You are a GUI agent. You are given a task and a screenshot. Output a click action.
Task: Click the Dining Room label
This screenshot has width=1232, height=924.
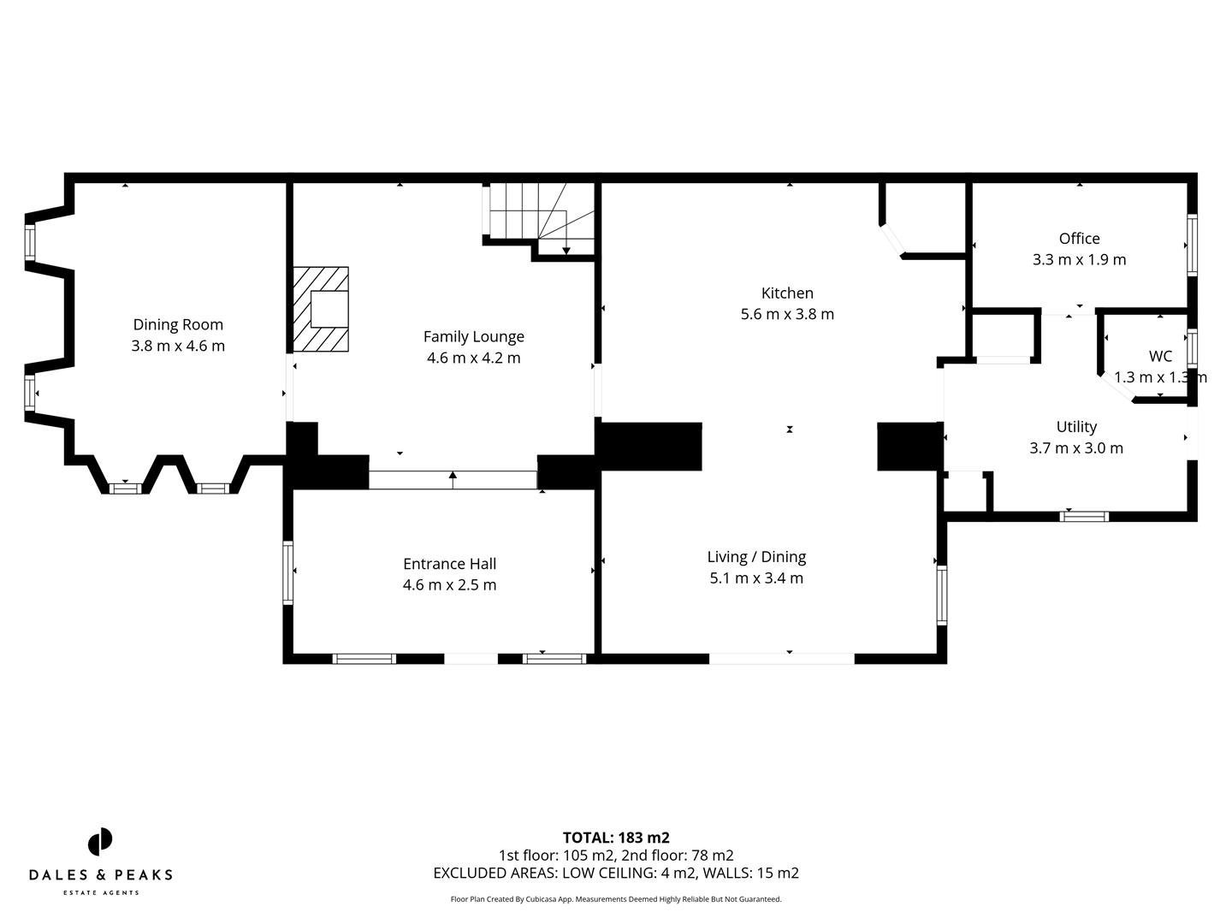(x=178, y=324)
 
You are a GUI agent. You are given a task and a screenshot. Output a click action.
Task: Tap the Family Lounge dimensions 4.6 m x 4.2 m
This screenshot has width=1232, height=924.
(x=473, y=358)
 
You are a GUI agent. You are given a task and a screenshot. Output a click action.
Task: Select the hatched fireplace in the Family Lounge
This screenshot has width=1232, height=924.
(x=321, y=309)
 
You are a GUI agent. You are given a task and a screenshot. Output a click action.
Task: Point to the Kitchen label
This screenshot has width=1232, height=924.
(x=787, y=293)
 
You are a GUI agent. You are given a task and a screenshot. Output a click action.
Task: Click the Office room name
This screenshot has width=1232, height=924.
(x=1079, y=239)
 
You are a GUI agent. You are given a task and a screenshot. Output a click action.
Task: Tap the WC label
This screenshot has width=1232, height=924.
(x=1160, y=356)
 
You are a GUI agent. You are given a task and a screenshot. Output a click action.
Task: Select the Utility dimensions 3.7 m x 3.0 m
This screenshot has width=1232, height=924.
(x=1076, y=447)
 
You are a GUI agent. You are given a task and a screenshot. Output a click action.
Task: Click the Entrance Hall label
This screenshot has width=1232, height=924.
(x=449, y=564)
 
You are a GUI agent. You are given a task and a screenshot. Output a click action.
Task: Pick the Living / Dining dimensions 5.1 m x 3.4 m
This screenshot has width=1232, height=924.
(x=756, y=578)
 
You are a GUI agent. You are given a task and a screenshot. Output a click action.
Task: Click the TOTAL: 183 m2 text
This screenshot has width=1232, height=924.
(x=616, y=838)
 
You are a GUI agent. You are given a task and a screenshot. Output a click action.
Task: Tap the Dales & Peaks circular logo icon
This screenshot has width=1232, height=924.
(x=100, y=842)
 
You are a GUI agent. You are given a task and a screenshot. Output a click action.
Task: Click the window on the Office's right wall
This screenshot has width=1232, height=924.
(x=1192, y=245)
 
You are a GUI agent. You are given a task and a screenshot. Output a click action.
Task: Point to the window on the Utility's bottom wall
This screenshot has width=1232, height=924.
(x=1084, y=516)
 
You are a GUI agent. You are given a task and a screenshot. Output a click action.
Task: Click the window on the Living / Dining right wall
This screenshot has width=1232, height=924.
(x=941, y=595)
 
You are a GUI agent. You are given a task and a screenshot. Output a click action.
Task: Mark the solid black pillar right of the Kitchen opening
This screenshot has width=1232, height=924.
(x=909, y=447)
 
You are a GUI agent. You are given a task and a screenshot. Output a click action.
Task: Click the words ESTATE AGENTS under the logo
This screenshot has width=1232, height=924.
(x=101, y=893)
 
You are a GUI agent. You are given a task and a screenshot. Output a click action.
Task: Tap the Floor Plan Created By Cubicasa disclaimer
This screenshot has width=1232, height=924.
(x=616, y=899)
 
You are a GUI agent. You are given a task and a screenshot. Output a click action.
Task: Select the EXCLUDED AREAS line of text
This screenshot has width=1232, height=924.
(x=616, y=873)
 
